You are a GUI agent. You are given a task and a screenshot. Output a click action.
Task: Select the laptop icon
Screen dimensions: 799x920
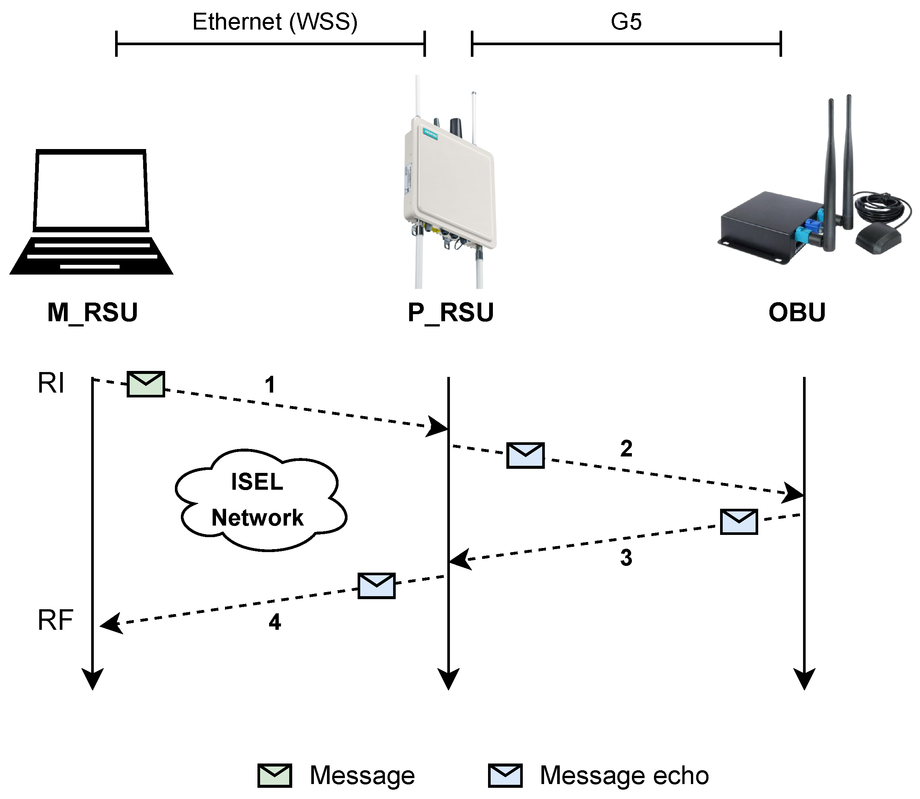coord(92,212)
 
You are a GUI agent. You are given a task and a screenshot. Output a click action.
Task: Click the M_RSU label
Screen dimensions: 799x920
coord(93,313)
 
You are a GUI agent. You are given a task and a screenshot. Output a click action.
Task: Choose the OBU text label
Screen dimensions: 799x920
coord(797,313)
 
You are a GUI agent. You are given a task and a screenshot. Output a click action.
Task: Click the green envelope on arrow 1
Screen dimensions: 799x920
coord(146,384)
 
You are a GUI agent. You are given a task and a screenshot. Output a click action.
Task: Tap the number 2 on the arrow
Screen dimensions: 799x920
coord(626,449)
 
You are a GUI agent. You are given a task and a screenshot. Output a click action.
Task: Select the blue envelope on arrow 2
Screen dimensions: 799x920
coord(525,455)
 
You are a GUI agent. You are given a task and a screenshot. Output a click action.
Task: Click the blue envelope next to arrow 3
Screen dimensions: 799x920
coord(739,522)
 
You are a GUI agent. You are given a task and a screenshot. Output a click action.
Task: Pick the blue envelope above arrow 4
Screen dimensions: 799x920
coord(376,586)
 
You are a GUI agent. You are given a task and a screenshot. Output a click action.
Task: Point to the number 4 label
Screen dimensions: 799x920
coord(275,622)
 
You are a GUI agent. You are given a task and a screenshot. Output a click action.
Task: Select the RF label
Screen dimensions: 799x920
coord(55,620)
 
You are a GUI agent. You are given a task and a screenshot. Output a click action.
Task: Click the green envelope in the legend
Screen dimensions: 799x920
coord(275,775)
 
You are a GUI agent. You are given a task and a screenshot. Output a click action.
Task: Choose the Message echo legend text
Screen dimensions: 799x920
coord(624,775)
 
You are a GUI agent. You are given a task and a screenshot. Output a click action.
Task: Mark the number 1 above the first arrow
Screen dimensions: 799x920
coord(270,385)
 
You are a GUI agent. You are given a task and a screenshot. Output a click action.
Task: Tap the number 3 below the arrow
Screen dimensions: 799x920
coord(626,558)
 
